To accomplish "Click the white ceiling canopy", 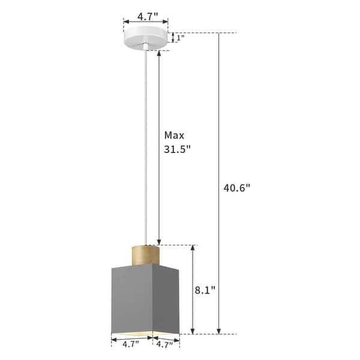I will coord(146,35).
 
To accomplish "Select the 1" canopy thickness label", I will coord(178,38).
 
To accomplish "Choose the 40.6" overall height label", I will coord(236,187).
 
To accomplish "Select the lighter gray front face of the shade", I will coord(131,297).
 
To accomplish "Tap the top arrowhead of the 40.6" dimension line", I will coord(218,35).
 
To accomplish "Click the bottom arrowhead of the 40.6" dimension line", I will coord(218,331).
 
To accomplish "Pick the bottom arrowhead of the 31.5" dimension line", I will coord(159,242).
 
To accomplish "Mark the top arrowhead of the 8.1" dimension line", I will coord(193,248).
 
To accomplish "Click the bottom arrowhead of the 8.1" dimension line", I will coord(193,331).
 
